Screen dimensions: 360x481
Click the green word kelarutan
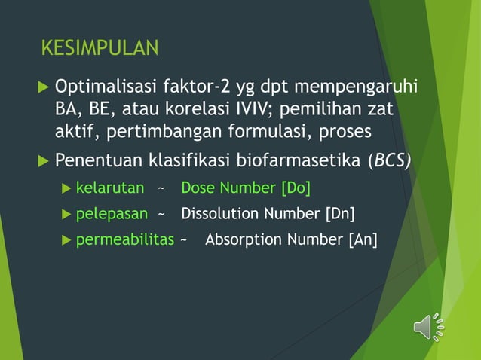pyautogui.click(x=110, y=188)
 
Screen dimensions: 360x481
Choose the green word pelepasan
pyautogui.click(x=112, y=214)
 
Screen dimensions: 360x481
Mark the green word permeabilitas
pyautogui.click(x=125, y=240)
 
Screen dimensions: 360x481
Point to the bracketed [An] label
pyautogui.click(x=362, y=240)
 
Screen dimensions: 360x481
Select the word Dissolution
pyautogui.click(x=219, y=214)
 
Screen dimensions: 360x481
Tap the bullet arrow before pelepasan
pyautogui.click(x=67, y=214)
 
